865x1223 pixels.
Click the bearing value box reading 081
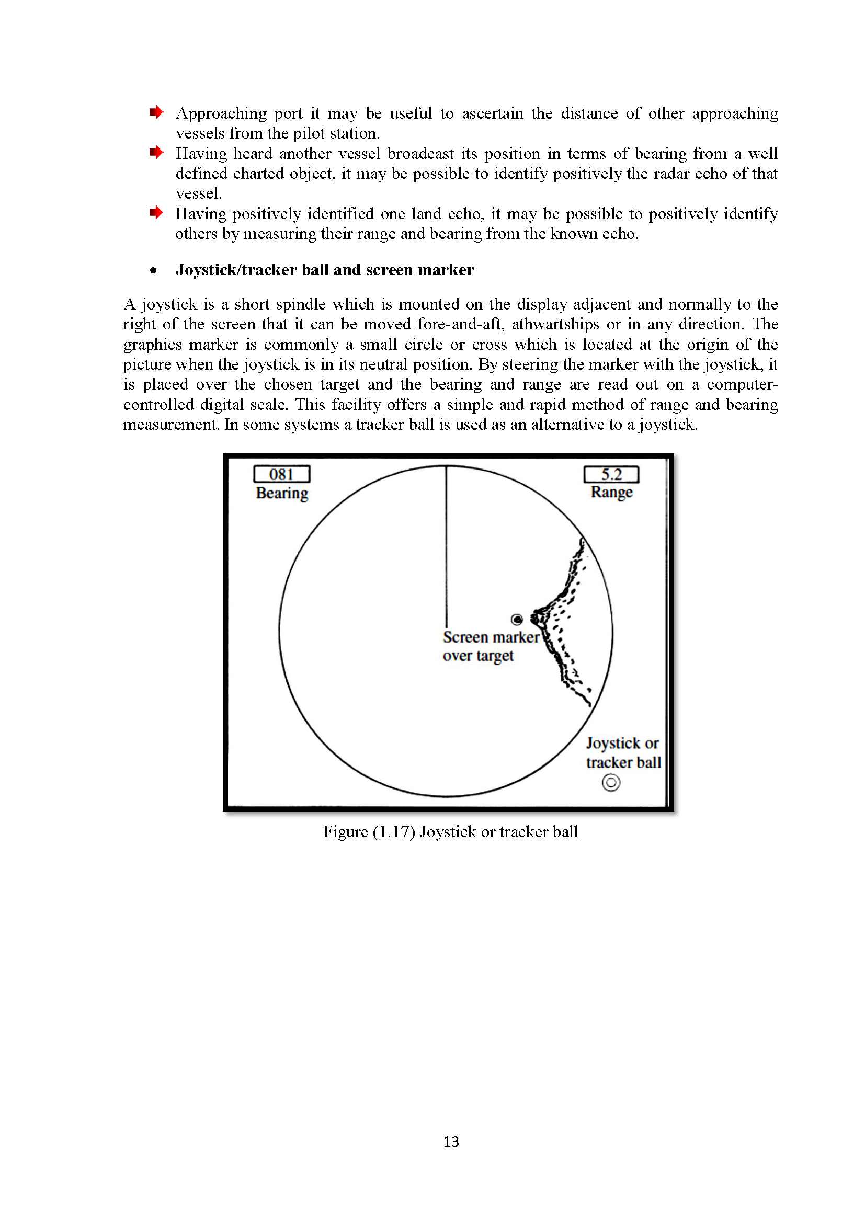click(281, 474)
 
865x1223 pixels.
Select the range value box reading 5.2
click(611, 474)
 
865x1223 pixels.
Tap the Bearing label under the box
click(282, 493)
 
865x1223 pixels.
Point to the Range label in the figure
click(611, 492)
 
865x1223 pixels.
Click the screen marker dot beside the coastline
click(517, 620)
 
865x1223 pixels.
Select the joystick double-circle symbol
click(611, 783)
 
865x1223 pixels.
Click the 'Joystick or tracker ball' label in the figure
click(623, 752)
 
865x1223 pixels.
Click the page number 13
click(451, 1141)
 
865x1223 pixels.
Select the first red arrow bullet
click(156, 112)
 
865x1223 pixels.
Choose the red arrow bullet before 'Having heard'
click(156, 152)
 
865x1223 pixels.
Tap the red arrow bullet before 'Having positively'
click(156, 212)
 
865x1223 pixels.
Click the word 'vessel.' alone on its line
click(198, 193)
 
